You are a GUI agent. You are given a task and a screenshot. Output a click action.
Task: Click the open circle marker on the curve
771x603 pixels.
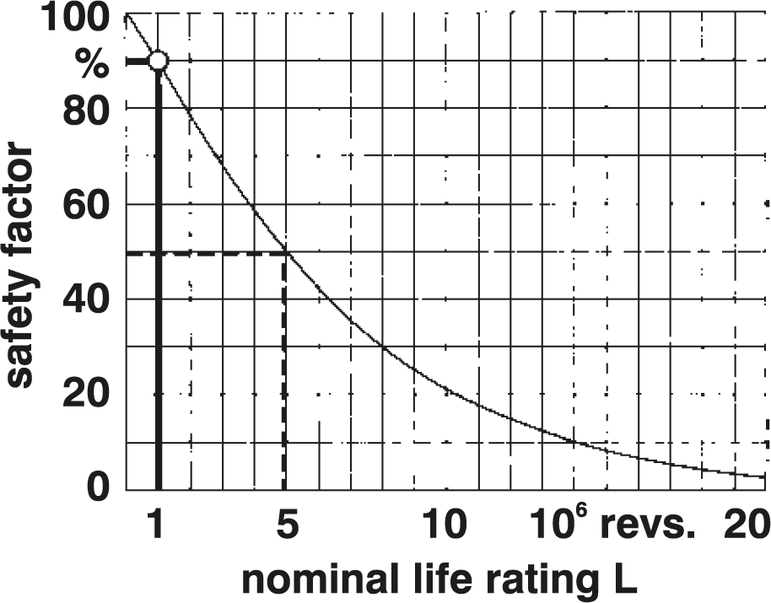point(159,61)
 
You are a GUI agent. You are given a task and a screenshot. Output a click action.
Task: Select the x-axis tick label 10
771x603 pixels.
point(444,526)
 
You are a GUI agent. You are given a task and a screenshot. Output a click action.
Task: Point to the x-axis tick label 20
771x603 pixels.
point(745,526)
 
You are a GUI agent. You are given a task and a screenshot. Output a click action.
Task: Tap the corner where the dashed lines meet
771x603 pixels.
point(284,252)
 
